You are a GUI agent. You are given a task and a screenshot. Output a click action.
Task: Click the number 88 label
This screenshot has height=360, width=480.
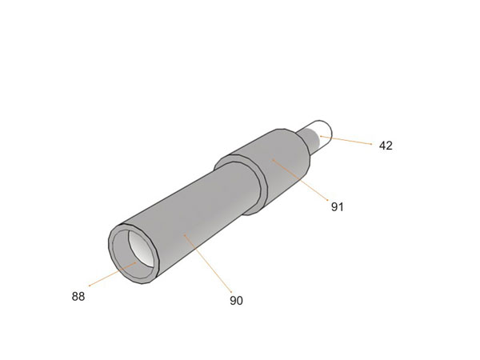pos(78,296)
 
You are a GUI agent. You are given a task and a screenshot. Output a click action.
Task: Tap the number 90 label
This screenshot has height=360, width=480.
pos(236,301)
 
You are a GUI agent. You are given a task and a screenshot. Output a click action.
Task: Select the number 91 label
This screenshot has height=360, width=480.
pos(338,207)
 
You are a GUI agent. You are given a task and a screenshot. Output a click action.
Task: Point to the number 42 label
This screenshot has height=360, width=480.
pos(386,146)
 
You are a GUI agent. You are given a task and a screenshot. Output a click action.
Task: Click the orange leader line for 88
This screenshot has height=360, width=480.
pos(112,274)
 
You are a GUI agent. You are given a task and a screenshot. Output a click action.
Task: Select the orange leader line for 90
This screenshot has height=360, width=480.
pos(208,263)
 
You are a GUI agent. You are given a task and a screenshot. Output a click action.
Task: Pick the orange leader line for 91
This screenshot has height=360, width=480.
pos(300,180)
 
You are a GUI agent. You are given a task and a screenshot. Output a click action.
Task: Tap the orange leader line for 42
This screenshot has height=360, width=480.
pos(346,140)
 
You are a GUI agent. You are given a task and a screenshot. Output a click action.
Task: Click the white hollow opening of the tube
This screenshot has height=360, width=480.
pos(141,249)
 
